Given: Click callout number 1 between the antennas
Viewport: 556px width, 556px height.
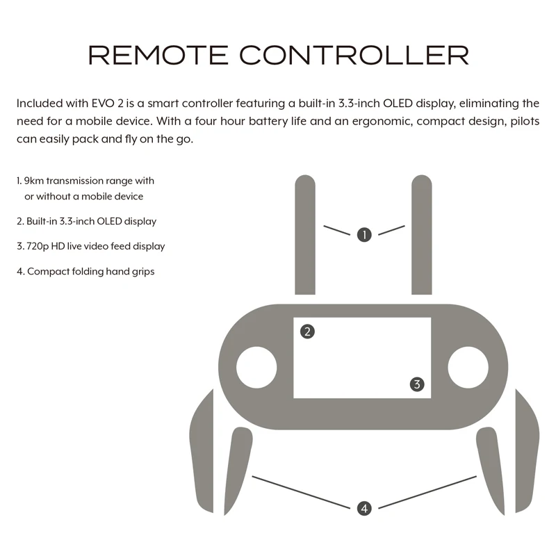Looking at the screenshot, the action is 364,235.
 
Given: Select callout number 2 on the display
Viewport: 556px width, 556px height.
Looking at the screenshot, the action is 307,332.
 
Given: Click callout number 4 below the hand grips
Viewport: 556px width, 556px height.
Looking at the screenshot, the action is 364,508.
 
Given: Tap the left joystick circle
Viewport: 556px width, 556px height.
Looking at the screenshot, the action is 256,367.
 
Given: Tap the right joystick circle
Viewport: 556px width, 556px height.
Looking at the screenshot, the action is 468,367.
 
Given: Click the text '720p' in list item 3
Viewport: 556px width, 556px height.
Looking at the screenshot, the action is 37,246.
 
